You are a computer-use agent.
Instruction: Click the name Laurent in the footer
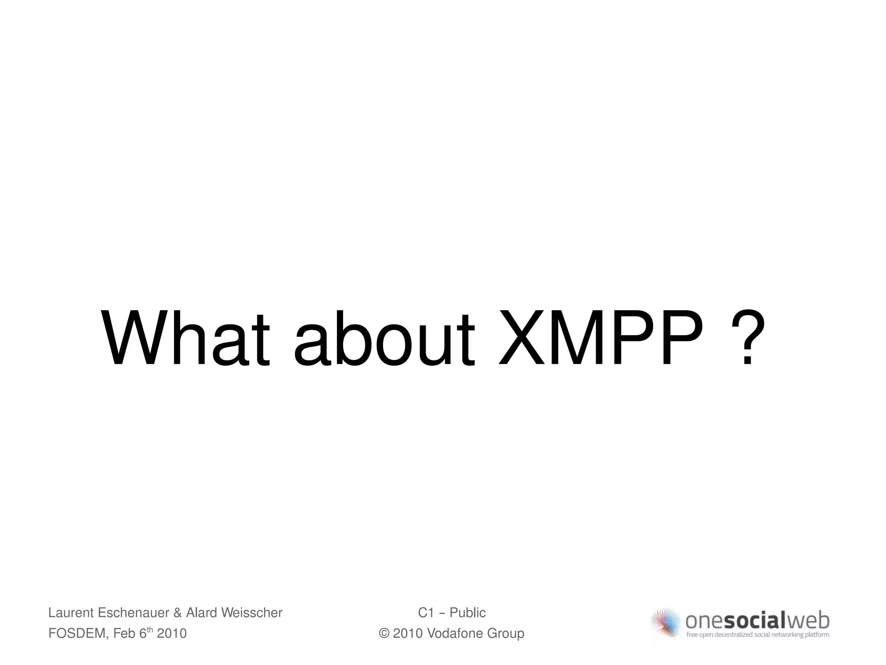(71, 613)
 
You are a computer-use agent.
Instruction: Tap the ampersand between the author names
(177, 613)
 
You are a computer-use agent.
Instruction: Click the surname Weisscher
(252, 613)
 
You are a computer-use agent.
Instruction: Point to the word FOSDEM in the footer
(77, 633)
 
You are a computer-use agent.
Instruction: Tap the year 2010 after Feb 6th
(172, 633)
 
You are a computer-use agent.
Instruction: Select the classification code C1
(426, 613)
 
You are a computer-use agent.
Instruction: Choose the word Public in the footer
(468, 613)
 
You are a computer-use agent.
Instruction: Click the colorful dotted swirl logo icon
(667, 623)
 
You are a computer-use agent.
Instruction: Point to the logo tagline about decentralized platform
(758, 635)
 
